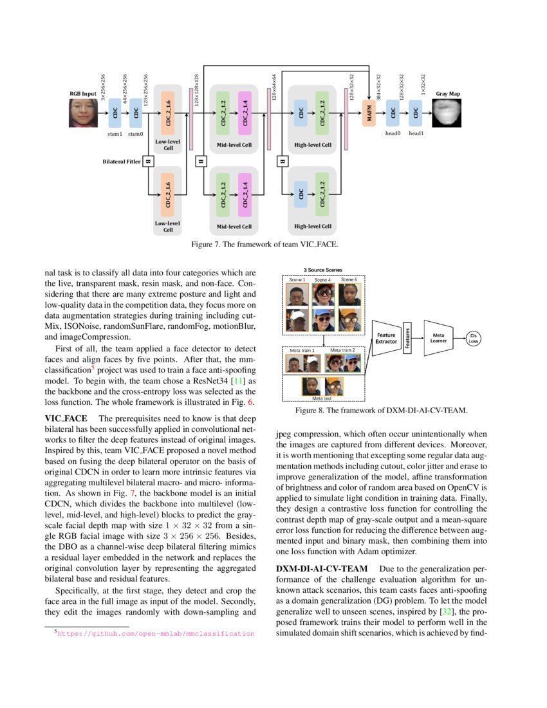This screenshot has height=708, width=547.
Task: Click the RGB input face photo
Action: (83, 112)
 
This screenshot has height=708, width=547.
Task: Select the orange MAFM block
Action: (369, 113)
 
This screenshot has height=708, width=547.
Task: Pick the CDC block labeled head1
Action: (416, 113)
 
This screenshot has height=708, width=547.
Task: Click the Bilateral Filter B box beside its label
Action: (148, 161)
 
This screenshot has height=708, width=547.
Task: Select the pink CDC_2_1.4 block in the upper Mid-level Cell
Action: (245, 113)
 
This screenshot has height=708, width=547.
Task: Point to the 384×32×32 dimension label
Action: (380, 88)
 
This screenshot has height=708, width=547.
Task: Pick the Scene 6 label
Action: (349, 280)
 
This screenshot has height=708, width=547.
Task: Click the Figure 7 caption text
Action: (264, 245)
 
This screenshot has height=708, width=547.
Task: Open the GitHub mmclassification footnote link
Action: (156, 634)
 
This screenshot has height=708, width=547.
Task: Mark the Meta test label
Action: (323, 398)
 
